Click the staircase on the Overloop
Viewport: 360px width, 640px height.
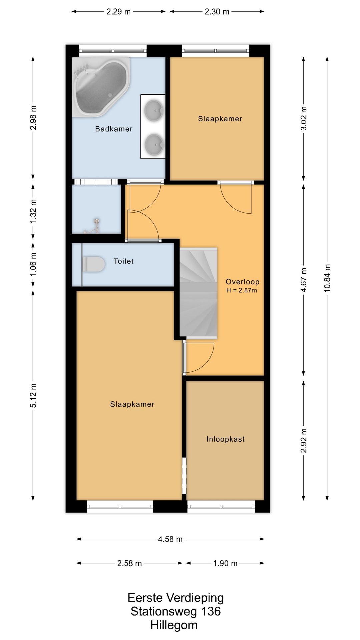[198, 293]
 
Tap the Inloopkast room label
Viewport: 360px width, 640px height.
[225, 439]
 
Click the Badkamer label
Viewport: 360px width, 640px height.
[114, 129]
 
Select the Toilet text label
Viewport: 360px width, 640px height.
[123, 261]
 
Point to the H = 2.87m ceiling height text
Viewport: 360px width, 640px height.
[242, 290]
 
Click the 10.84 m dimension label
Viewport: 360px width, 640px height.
[327, 278]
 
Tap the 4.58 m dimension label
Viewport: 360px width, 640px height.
[170, 539]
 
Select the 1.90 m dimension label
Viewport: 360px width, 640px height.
[225, 563]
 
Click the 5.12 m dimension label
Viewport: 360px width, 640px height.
[33, 396]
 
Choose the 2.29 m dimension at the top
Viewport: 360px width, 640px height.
[118, 12]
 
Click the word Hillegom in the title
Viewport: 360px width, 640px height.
[174, 625]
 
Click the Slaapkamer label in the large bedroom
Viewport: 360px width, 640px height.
[132, 404]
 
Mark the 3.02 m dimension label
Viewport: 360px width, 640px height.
[304, 119]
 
